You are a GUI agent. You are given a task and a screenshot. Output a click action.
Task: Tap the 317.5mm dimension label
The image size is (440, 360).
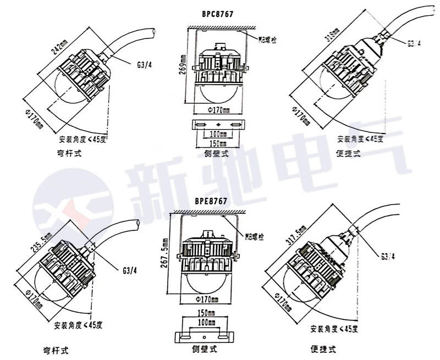pyautogui.click(x=302, y=234)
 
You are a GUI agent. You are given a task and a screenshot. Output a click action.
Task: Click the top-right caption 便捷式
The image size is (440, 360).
pyautogui.click(x=348, y=154)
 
